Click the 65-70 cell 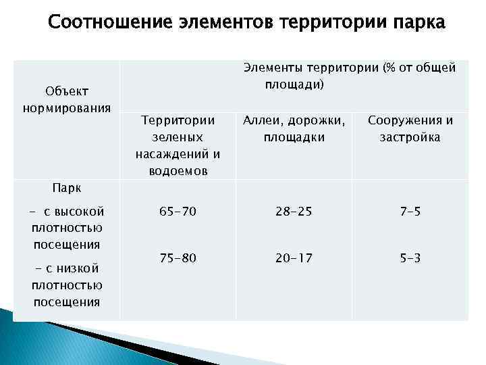click(x=178, y=212)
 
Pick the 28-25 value click(x=294, y=212)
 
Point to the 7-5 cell click(x=410, y=212)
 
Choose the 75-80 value click(x=178, y=258)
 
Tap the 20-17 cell click(x=294, y=258)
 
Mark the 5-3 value click(x=410, y=258)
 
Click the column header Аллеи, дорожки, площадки click(x=294, y=129)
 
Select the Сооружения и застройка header click(x=410, y=129)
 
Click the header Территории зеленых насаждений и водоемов click(x=178, y=145)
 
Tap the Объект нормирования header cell click(x=67, y=100)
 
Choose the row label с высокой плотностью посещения click(x=67, y=227)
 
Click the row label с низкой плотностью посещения click(x=67, y=285)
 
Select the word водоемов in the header click(x=178, y=171)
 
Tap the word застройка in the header click(x=410, y=137)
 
